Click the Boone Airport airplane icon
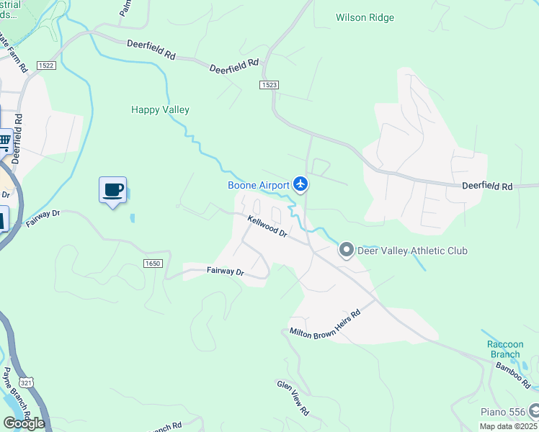(301, 185)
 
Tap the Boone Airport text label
(259, 185)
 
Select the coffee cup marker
(112, 190)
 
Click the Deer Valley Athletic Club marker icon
(347, 251)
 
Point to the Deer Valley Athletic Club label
(413, 251)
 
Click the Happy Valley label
(160, 109)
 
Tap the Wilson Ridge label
(365, 17)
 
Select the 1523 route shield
(269, 85)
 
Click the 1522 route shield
(47, 66)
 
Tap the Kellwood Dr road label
(267, 228)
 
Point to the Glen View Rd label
(293, 397)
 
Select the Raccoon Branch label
(504, 349)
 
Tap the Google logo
(23, 423)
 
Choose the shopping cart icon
(4, 141)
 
